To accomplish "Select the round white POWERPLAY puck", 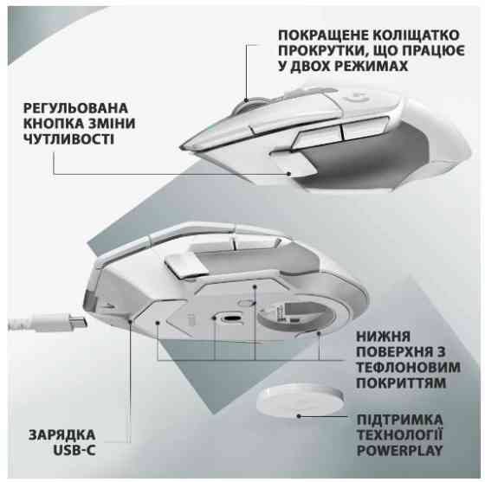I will tap(296, 399).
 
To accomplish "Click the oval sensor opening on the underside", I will tap(230, 317).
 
